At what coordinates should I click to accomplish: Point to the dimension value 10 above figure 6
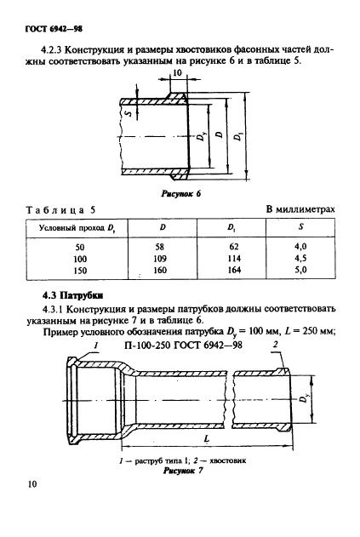click(x=176, y=74)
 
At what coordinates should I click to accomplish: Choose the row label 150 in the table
click(x=81, y=271)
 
